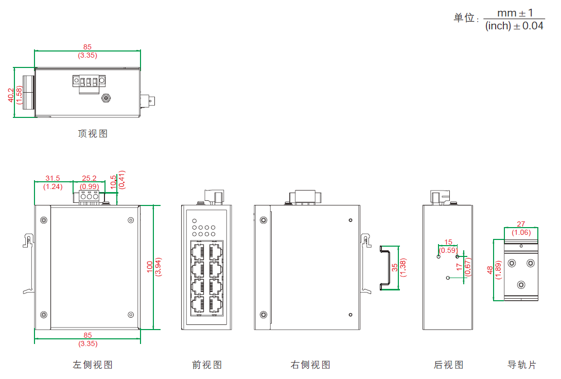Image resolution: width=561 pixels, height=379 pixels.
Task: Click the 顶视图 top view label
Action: (93, 134)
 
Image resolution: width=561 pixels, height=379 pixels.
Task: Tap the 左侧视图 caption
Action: (93, 365)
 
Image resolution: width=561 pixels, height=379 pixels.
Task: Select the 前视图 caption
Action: (207, 365)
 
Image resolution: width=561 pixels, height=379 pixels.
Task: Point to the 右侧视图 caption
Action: (310, 365)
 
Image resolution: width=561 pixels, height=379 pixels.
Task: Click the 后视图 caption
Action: (448, 365)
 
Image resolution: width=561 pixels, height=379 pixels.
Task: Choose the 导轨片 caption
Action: (522, 365)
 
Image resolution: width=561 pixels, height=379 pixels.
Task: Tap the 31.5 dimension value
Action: (52, 178)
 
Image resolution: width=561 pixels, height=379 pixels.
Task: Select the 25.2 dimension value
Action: (90, 178)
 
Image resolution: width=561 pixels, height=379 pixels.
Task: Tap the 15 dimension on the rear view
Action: (448, 242)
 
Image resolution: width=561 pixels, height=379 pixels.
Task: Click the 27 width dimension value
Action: (521, 224)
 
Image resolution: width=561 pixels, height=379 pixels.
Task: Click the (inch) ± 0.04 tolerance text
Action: (514, 26)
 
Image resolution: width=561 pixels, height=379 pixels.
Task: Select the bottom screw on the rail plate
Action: (521, 285)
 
